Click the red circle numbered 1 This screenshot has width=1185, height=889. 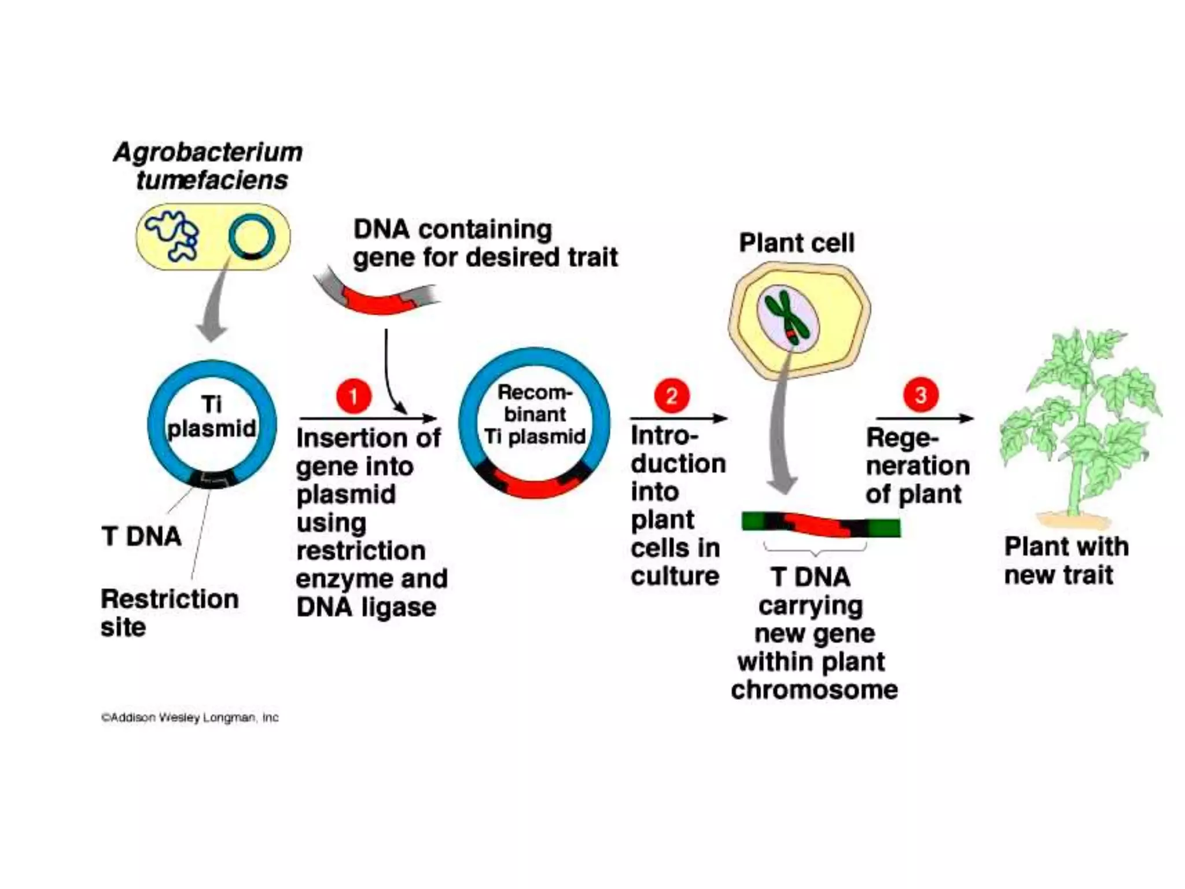(x=354, y=396)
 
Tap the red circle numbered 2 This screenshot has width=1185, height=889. (x=671, y=396)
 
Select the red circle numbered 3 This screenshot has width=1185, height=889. (x=921, y=395)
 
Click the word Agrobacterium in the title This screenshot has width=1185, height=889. (x=208, y=153)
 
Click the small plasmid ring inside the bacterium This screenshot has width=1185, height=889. (x=251, y=237)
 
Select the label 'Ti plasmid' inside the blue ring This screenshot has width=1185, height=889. (x=212, y=417)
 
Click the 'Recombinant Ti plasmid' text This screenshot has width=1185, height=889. (x=535, y=414)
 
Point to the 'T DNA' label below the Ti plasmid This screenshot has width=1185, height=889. (x=141, y=537)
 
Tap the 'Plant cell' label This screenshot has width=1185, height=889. (x=796, y=243)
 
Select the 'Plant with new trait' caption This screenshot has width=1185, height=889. (x=1066, y=560)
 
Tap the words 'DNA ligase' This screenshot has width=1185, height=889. (x=366, y=607)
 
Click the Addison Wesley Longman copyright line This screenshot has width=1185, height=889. (x=190, y=718)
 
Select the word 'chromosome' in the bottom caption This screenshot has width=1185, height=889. (x=814, y=689)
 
